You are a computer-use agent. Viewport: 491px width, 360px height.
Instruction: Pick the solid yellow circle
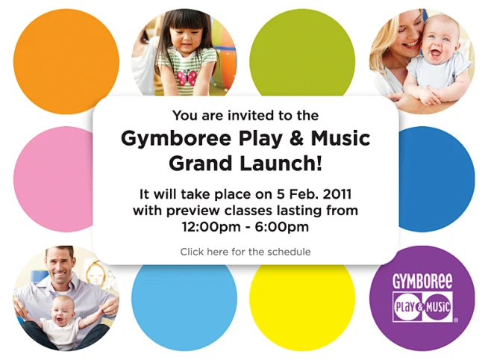tap(301, 306)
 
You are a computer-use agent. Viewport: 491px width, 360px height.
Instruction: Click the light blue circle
tap(184, 306)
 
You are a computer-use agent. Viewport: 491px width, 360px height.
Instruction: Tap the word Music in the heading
tap(343, 139)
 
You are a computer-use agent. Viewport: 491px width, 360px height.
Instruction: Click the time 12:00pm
tap(209, 226)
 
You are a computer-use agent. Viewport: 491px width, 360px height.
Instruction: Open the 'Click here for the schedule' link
tap(245, 252)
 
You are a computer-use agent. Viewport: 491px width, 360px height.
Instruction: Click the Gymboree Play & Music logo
tap(422, 297)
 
